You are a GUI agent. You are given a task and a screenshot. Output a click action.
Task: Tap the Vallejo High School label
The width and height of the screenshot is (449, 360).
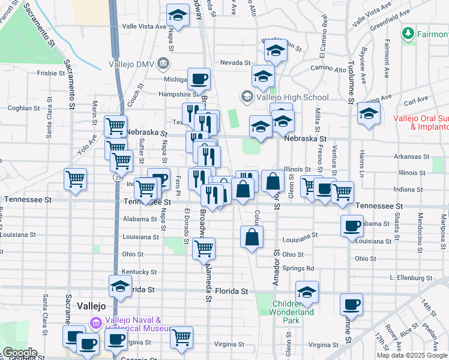point(292,97)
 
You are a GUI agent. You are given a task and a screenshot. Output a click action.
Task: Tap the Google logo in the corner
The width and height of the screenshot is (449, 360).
point(19,353)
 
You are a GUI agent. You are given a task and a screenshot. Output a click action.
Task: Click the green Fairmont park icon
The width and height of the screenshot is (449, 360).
point(408,32)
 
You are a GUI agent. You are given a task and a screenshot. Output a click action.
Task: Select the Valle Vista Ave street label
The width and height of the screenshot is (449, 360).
point(144,26)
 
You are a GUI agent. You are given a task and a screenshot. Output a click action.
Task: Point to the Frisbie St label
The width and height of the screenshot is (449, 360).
point(51,74)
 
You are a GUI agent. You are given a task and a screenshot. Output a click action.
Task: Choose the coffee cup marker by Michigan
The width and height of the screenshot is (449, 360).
point(199,78)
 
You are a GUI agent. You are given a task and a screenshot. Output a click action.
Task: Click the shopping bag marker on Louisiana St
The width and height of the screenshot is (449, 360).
point(251,236)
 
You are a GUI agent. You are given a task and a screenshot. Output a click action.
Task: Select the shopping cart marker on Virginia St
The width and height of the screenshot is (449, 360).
point(181,337)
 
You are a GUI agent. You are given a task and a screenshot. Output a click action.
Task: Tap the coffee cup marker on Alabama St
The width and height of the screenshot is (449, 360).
point(352,226)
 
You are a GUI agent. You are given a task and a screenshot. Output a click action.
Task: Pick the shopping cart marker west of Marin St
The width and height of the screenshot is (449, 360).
point(76,178)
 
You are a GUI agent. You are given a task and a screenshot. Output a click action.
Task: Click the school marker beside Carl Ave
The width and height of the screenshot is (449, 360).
point(368,113)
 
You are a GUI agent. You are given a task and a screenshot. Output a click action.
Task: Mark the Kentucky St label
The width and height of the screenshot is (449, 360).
point(139,272)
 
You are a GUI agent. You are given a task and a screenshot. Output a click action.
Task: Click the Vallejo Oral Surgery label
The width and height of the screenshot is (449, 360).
point(421,122)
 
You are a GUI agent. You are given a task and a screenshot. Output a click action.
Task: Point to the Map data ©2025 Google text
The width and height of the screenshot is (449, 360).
point(412,355)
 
